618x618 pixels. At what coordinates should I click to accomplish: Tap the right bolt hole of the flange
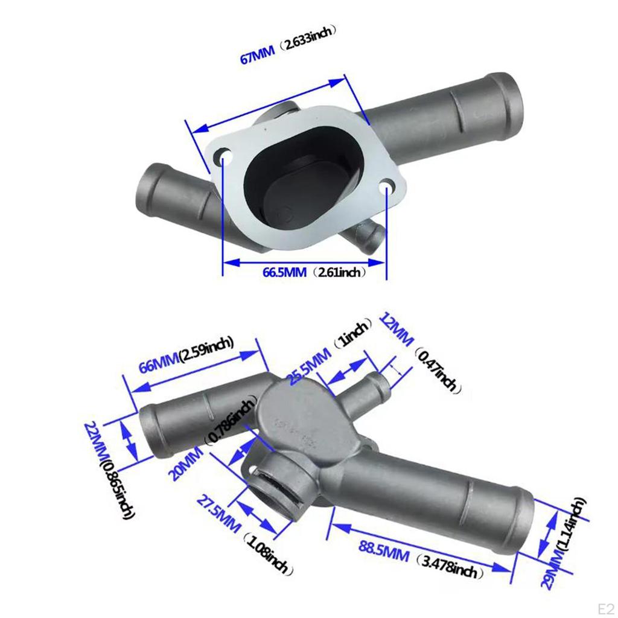click(x=387, y=189)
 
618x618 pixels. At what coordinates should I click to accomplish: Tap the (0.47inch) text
click(x=437, y=369)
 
